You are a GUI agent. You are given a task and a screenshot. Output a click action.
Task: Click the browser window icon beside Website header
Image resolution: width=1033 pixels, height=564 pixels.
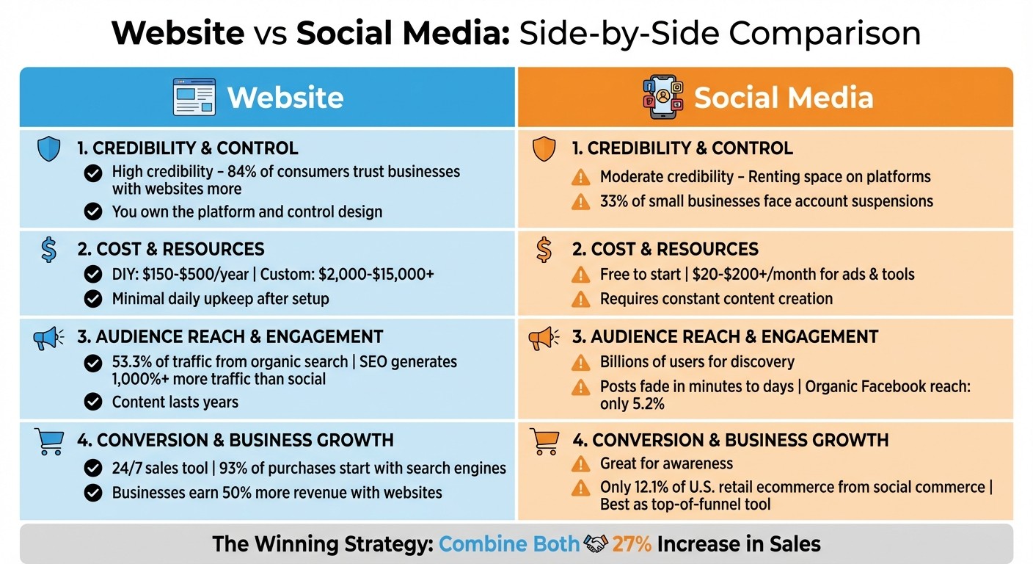click(x=194, y=98)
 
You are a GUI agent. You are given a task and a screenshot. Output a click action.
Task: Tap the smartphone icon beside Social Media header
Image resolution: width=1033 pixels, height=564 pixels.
click(x=662, y=98)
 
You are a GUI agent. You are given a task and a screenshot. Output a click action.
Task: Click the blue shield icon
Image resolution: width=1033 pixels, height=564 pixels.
click(x=48, y=149)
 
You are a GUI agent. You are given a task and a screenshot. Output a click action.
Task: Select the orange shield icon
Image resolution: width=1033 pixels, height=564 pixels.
click(x=544, y=149)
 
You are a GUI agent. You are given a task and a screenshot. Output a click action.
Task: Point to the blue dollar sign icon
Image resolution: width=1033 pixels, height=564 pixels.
click(x=48, y=250)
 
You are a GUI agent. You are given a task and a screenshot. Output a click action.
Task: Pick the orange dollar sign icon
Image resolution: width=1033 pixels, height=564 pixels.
click(x=544, y=250)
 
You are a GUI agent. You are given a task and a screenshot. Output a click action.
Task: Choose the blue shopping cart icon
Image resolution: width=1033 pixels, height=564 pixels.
click(x=48, y=441)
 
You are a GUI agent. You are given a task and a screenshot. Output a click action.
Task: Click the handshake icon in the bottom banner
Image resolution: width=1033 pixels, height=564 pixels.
click(x=596, y=544)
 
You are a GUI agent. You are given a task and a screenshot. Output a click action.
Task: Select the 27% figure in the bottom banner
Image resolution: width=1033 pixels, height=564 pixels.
click(x=632, y=544)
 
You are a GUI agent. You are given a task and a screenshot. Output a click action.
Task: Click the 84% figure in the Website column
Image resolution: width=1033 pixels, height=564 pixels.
click(x=225, y=172)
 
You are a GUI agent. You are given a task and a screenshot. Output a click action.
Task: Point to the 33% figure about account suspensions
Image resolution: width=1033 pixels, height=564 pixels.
click(x=616, y=200)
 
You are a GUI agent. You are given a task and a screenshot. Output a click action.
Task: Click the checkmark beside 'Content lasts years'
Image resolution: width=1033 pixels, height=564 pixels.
click(x=93, y=402)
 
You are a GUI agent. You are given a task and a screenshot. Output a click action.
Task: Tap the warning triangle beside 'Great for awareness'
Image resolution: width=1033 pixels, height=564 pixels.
click(x=580, y=463)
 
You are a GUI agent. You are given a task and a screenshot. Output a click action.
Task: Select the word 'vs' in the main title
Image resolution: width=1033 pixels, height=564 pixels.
click(x=270, y=34)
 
